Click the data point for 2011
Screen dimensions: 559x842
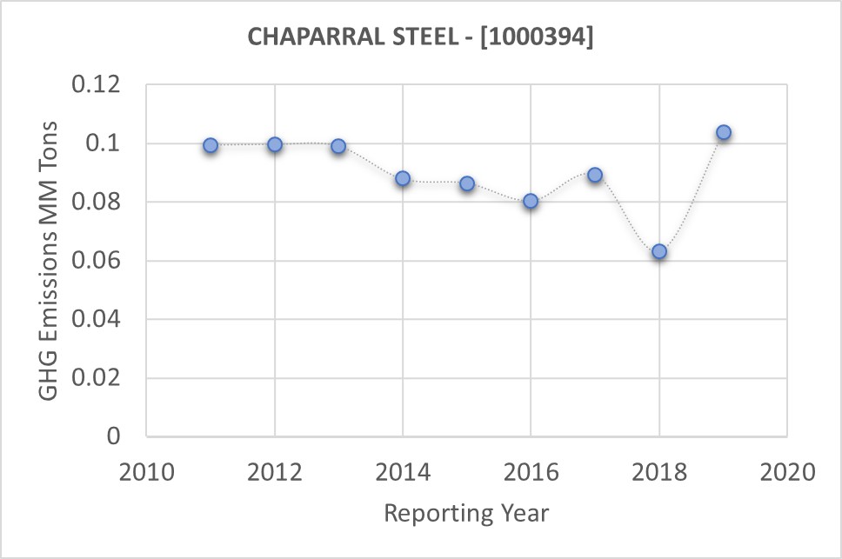[210, 145]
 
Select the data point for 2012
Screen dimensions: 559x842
[275, 144]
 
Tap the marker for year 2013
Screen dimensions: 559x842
[338, 146]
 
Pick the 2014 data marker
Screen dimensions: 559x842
[403, 178]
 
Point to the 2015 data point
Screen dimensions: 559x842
[467, 183]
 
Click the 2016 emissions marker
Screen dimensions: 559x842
[531, 201]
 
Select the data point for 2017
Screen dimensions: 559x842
[595, 175]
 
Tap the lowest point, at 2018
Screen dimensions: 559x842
[659, 251]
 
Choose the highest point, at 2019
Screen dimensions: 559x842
[723, 133]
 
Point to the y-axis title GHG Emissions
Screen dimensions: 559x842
[50, 261]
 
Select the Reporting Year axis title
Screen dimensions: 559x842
[466, 513]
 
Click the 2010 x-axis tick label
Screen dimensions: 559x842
[147, 473]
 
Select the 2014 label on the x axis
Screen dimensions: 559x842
[403, 473]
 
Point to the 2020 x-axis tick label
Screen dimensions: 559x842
[786, 473]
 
